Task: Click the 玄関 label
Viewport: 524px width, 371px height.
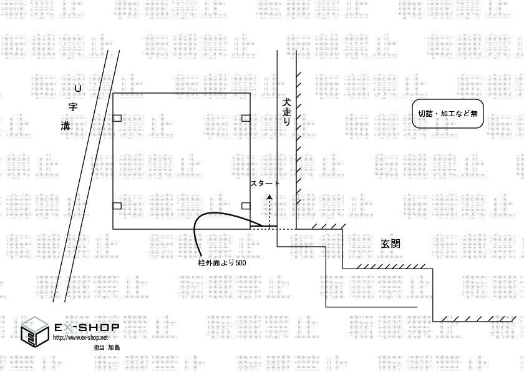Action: tap(391, 244)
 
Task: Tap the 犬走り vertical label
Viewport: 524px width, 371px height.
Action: tap(287, 113)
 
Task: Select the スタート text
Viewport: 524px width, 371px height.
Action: tap(264, 184)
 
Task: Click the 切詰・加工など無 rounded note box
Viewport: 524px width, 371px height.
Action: tap(448, 114)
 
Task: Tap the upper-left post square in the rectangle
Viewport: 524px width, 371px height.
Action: tap(117, 118)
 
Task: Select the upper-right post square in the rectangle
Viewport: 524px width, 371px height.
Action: tap(246, 118)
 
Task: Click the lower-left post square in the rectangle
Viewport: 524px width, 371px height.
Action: tap(117, 205)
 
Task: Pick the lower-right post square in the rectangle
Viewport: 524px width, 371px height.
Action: tap(246, 205)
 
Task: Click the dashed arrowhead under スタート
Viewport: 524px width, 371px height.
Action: tap(269, 196)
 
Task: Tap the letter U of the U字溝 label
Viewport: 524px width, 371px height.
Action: tap(78, 88)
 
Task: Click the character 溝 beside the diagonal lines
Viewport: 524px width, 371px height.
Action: tap(65, 126)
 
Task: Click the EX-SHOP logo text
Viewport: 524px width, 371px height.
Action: tap(87, 327)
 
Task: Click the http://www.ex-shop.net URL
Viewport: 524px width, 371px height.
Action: tap(80, 337)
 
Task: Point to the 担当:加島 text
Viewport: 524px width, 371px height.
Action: tap(106, 347)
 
